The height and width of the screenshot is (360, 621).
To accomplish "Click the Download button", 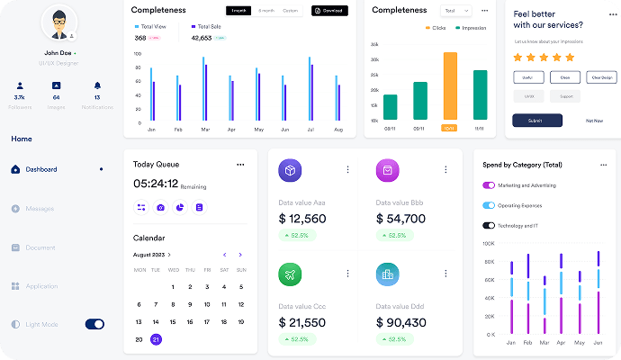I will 329,11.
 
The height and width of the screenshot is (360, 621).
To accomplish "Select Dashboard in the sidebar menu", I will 41,169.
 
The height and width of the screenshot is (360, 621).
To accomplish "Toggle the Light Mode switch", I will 94,324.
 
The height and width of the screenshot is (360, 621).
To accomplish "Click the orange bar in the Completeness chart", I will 449,86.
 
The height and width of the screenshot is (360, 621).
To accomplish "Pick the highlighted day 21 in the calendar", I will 156,339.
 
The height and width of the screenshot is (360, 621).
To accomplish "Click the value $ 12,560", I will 302,219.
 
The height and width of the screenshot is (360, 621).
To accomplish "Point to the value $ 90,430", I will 400,322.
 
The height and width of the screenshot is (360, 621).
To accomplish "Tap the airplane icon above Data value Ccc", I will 290,274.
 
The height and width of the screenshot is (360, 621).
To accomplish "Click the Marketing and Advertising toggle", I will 489,185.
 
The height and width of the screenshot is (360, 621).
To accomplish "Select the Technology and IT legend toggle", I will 489,225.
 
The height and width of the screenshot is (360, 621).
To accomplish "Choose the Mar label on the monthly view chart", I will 205,130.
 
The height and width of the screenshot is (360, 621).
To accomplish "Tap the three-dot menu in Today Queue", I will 240,165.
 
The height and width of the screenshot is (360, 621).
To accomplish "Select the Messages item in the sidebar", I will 40,209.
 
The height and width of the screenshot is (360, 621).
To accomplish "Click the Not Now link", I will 594,120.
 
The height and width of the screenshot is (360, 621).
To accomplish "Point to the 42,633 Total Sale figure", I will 202,39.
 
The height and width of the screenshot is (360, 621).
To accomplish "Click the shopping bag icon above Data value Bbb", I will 387,169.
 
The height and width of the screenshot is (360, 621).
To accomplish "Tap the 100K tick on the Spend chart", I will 490,243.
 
